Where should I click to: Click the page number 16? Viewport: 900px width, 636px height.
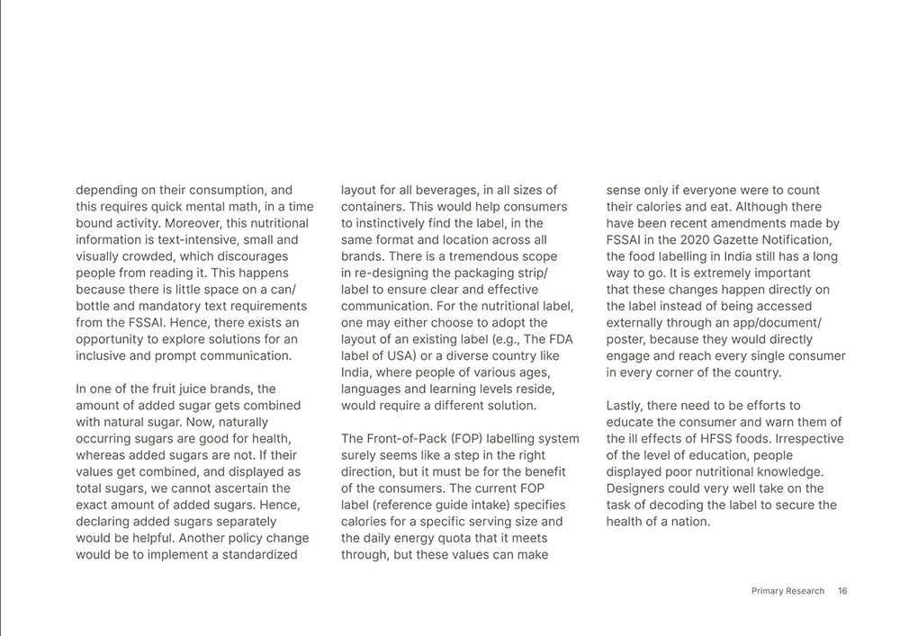[x=842, y=591]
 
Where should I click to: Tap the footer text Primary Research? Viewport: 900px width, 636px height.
[x=787, y=591]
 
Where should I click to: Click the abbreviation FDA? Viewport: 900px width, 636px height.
[x=561, y=339]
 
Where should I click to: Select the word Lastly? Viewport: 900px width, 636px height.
[x=626, y=406]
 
